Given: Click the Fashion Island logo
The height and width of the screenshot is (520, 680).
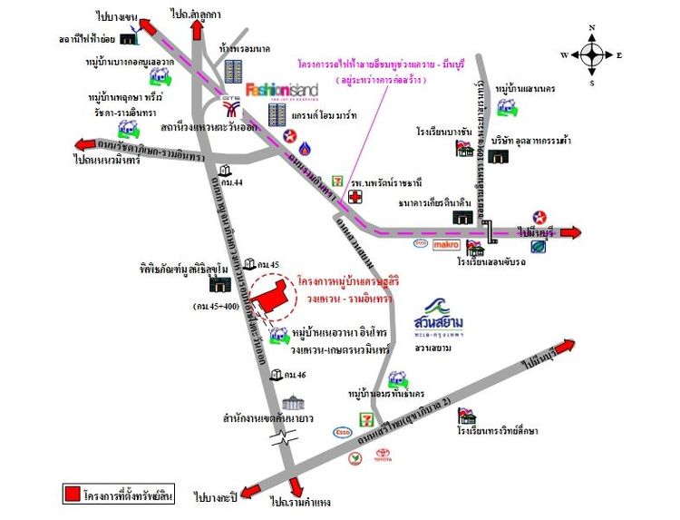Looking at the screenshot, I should click(x=279, y=90).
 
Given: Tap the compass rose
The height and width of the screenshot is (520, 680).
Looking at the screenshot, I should click(x=592, y=54).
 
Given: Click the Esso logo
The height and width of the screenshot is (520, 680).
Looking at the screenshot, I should click(x=343, y=432).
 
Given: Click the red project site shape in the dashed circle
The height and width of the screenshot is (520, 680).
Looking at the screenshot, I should click(x=267, y=296).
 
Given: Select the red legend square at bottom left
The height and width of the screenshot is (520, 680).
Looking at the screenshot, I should click(x=73, y=495).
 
